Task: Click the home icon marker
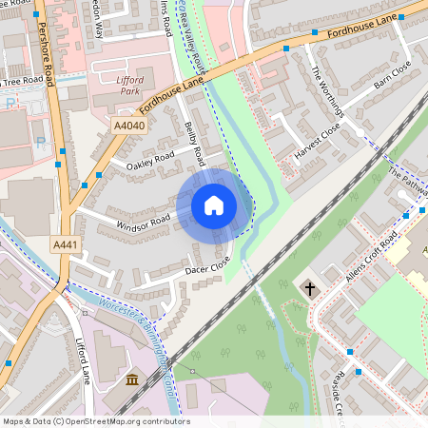pyautogui.click(x=214, y=205)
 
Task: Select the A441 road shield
pyautogui.click(x=66, y=245)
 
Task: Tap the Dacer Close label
pyautogui.click(x=207, y=265)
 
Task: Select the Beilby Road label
pyautogui.click(x=195, y=143)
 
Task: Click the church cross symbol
pyautogui.click(x=309, y=286)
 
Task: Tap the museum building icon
pyautogui.click(x=131, y=381)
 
